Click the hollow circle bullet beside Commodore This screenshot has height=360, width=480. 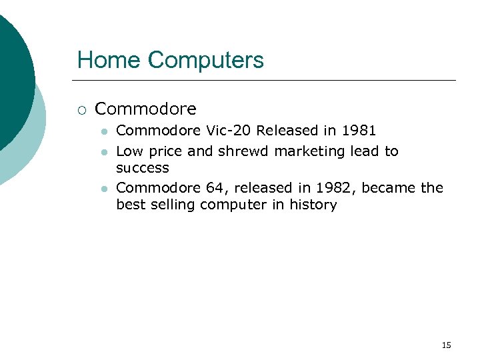click(82, 109)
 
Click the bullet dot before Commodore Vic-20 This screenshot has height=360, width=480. click(103, 131)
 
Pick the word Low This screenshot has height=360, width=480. click(129, 151)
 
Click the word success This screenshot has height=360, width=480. click(143, 168)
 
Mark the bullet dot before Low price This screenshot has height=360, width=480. click(103, 152)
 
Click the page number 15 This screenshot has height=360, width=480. click(446, 345)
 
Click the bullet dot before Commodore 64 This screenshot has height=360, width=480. click(103, 189)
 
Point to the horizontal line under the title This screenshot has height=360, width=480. click(267, 81)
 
